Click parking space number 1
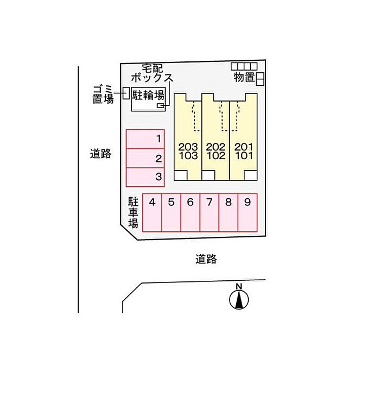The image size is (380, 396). click(x=145, y=139)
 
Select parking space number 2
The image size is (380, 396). click(x=145, y=158)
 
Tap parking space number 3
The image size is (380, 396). click(x=145, y=177)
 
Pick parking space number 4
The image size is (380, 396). click(x=152, y=212)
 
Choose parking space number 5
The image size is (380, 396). click(x=171, y=212)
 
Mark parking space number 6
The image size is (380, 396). click(x=190, y=212)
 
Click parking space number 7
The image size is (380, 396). click(x=209, y=212)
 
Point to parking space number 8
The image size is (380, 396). click(x=228, y=212)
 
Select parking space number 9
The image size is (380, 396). click(x=247, y=212)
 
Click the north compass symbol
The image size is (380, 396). click(x=238, y=298)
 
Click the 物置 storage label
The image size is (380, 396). click(x=244, y=78)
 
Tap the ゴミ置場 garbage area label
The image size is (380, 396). click(x=103, y=94)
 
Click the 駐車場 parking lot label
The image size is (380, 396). click(x=133, y=212)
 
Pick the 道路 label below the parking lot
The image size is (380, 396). click(x=206, y=259)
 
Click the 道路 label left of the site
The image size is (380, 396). click(x=100, y=154)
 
